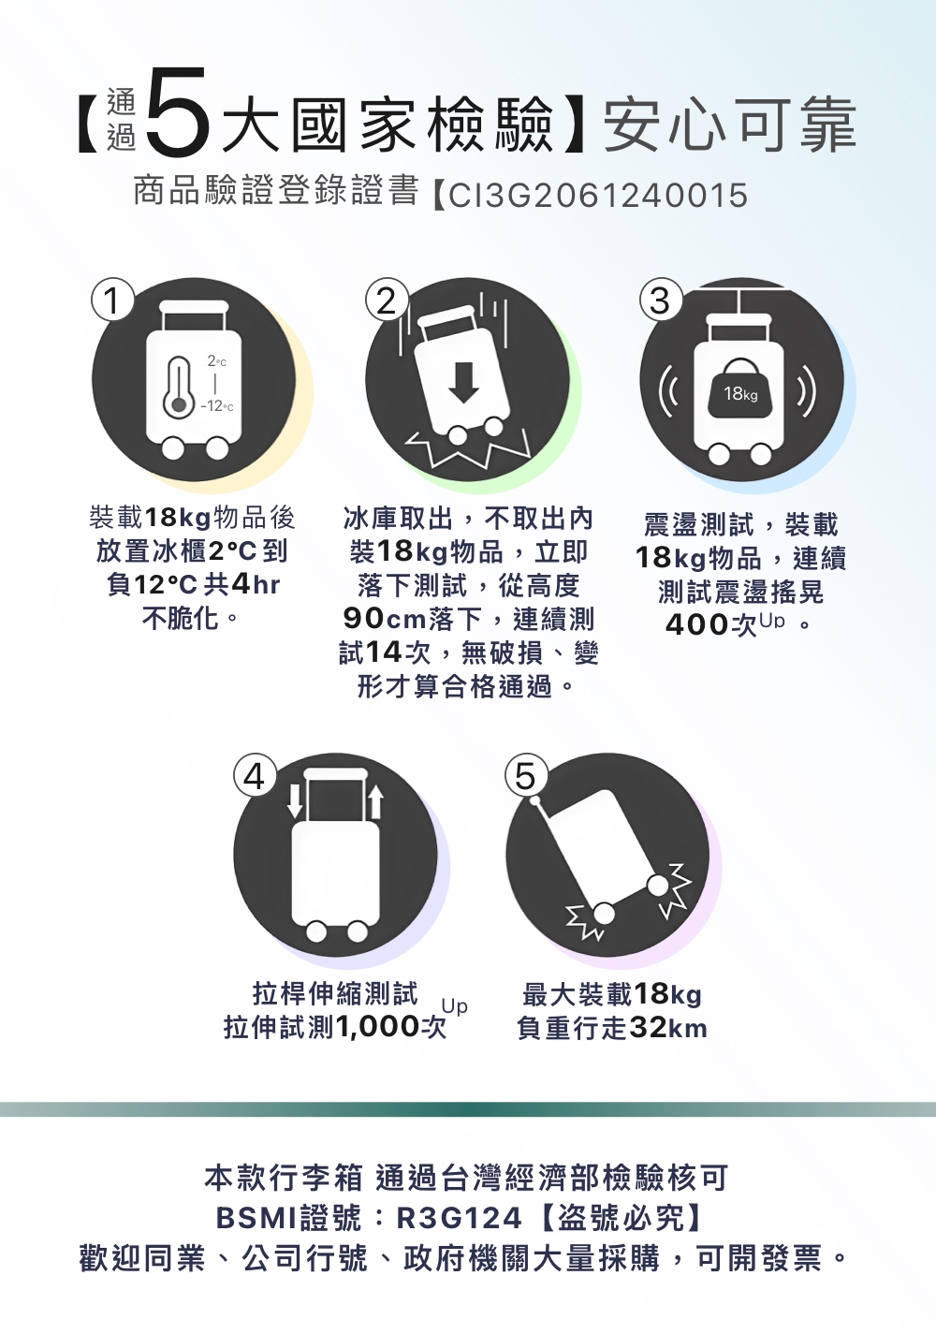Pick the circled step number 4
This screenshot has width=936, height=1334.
[255, 777]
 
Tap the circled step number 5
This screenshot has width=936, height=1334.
[524, 777]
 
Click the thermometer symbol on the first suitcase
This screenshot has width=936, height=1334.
[179, 385]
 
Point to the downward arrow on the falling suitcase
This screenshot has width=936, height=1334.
[463, 382]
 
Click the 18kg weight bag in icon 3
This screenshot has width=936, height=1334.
[740, 388]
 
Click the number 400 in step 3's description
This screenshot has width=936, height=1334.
[696, 624]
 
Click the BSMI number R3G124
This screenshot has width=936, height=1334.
[459, 1219]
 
